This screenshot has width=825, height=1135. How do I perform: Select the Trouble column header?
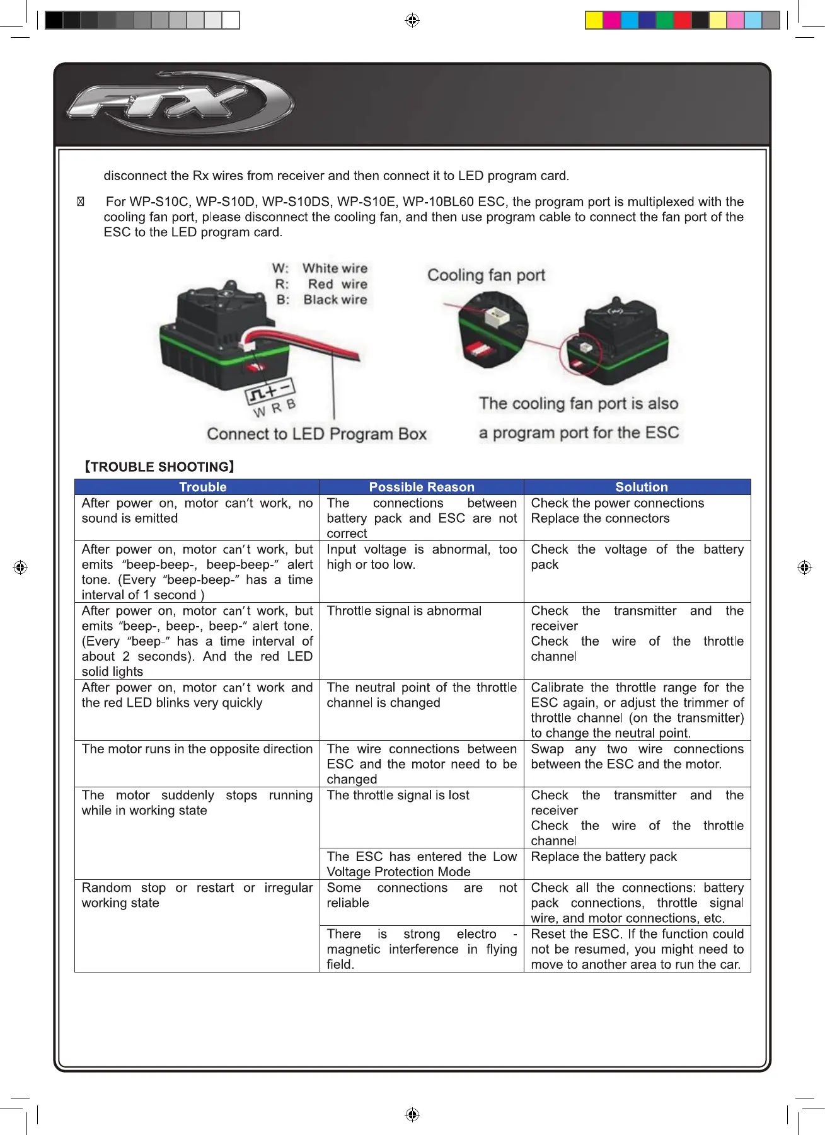click(x=202, y=487)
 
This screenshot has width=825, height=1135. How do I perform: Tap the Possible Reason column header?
click(x=422, y=487)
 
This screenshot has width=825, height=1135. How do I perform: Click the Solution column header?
click(x=641, y=487)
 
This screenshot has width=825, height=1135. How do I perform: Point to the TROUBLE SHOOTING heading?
click(x=159, y=467)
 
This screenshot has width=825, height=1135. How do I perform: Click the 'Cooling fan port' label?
click(x=486, y=275)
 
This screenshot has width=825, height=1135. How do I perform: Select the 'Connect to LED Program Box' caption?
click(x=316, y=434)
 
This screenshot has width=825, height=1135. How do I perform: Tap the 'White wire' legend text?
click(x=335, y=268)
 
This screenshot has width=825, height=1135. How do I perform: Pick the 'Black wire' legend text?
click(x=335, y=300)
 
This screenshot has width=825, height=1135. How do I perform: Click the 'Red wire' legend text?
click(x=337, y=284)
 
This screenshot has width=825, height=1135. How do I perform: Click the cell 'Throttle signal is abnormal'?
click(x=404, y=611)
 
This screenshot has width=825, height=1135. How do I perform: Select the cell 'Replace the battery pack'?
click(x=603, y=857)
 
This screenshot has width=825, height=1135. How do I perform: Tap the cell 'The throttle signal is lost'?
click(x=398, y=796)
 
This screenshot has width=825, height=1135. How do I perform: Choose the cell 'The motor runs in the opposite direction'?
click(x=197, y=749)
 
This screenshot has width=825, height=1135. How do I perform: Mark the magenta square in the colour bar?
click(x=611, y=20)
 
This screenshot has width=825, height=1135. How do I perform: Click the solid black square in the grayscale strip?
click(x=54, y=20)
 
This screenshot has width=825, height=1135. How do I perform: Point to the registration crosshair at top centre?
click(x=412, y=20)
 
